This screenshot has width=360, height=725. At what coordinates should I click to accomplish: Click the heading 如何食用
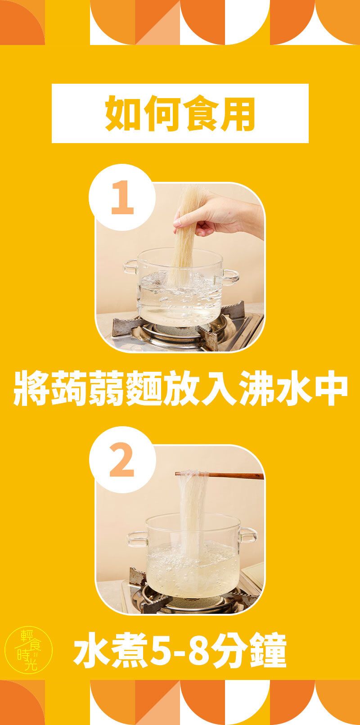(x=180, y=113)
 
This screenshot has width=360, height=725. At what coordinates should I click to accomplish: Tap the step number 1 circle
(x=122, y=197)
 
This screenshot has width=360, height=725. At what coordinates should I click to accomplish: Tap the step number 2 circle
(x=122, y=459)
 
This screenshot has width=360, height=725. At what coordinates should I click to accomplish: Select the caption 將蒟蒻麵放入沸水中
(x=180, y=388)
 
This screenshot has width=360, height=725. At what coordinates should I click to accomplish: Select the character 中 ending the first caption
(x=330, y=388)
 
